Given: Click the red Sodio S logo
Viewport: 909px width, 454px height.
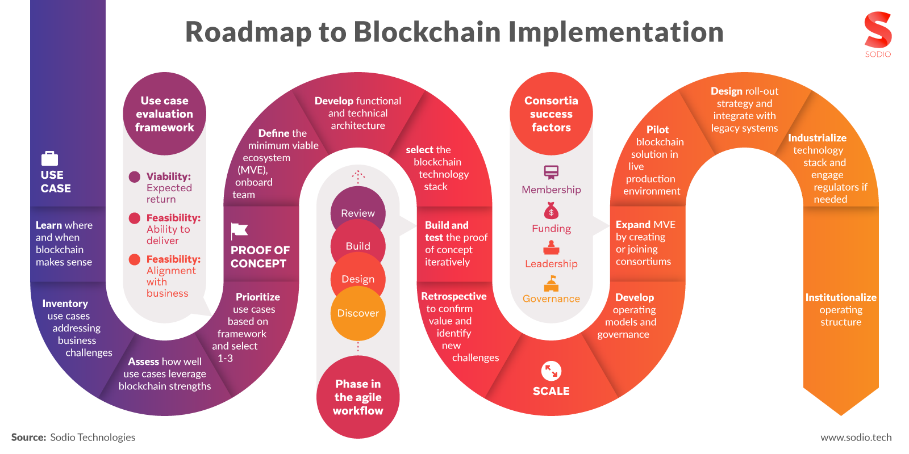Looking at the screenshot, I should coord(878,30).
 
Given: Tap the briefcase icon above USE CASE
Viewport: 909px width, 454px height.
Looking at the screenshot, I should coord(50,158).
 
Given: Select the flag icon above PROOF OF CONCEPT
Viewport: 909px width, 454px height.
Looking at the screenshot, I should coord(239,230).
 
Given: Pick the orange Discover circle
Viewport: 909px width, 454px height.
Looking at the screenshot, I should coord(358,313).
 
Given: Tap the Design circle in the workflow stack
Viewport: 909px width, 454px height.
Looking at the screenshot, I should coord(358,278).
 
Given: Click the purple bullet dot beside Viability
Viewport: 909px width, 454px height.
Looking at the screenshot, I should coord(135,176).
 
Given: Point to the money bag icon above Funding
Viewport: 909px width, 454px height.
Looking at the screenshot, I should coord(551,211).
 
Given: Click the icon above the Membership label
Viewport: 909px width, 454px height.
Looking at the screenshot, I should coord(551,172).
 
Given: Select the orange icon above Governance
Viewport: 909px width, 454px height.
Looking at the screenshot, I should coord(551,283).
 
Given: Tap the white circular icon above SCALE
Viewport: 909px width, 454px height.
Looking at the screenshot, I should coord(551,371).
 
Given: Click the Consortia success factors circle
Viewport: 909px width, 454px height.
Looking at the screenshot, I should coord(551,113).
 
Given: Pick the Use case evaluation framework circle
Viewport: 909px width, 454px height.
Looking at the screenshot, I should coord(165,113).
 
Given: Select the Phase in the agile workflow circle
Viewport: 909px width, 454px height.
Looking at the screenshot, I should coord(358,397).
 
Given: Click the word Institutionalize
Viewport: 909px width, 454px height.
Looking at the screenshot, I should coord(841,297).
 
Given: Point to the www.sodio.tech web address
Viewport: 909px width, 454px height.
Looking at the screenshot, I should coord(856,438).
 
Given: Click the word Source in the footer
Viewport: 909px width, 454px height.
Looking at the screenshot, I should coord(28,438).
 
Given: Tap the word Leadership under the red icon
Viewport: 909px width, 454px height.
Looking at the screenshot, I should coord(551,264).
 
